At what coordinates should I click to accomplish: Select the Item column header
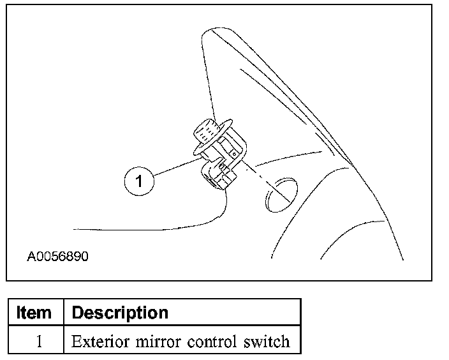[x=34, y=313]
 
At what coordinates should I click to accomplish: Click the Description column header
[x=120, y=313]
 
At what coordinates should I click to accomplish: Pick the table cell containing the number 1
[x=38, y=341]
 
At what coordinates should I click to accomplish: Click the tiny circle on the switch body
[x=235, y=154]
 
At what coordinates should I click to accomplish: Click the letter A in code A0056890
[x=30, y=257]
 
